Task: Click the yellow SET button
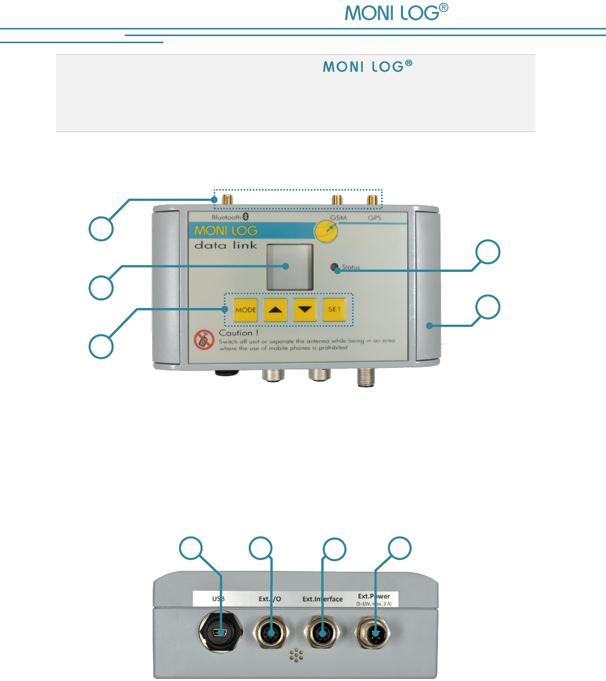(x=334, y=309)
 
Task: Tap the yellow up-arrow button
(x=275, y=309)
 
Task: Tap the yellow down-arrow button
(x=305, y=309)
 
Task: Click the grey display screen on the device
(x=290, y=267)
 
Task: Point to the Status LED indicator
(x=334, y=267)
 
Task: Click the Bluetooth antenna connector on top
(x=228, y=200)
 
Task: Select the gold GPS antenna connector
(x=374, y=200)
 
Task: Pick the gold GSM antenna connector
(x=337, y=200)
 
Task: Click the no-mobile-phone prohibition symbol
(x=204, y=340)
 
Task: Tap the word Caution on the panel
(x=236, y=333)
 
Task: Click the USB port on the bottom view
(x=221, y=633)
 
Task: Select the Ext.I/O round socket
(x=271, y=633)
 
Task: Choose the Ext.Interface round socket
(x=322, y=633)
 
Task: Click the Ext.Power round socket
(x=375, y=633)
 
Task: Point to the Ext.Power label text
(x=374, y=597)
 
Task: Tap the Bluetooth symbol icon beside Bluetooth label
(x=246, y=217)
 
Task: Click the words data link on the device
(x=226, y=245)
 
